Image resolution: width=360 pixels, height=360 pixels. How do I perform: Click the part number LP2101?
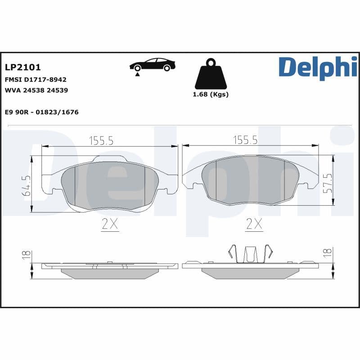tap(22, 67)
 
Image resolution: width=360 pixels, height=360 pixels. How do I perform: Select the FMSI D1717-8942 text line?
tap(35, 79)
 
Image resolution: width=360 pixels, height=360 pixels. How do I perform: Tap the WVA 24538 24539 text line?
tap(36, 90)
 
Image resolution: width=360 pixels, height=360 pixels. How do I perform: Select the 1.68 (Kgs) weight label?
tap(211, 94)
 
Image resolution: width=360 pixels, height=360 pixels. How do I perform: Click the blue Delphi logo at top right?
tap(318, 68)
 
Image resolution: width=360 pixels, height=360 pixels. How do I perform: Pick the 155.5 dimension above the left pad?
tap(101, 140)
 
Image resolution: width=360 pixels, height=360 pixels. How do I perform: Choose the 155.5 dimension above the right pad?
tap(245, 140)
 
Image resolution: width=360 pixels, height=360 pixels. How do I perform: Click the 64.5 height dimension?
tap(27, 185)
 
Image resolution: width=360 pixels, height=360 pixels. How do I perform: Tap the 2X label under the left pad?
tap(110, 224)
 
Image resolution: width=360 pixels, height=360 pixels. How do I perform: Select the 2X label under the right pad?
tap(254, 224)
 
